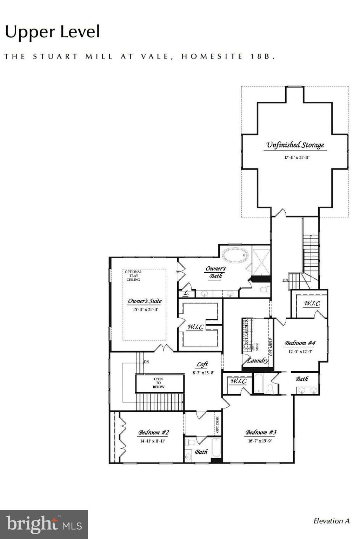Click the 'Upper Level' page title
52,32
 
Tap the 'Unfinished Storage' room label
295,145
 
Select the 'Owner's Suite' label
145,301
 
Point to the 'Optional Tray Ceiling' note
133,276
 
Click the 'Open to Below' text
159,383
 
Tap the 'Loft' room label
202,365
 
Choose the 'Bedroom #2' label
153,433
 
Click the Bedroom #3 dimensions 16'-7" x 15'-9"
258,441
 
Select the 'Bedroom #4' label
300,343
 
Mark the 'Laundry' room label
258,360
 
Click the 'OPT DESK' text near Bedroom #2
217,425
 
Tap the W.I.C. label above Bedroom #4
312,304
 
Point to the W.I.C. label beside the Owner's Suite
195,327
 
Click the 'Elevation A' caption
331,521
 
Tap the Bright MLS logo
44,525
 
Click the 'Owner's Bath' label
215,272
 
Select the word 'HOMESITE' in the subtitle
212,56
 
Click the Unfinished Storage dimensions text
296,158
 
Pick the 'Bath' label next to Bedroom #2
201,452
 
